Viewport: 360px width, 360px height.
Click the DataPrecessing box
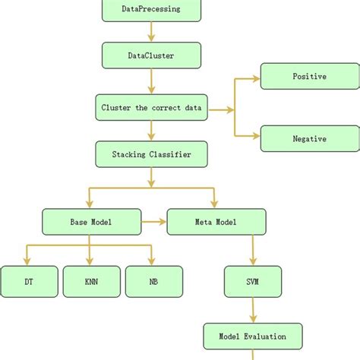tap(151, 10)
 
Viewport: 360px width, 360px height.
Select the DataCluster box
tap(151, 55)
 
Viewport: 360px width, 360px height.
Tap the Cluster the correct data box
tap(151, 108)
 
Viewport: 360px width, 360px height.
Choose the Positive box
tap(309, 77)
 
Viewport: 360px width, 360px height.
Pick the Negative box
tap(309, 139)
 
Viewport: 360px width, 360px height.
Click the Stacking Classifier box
tap(151, 154)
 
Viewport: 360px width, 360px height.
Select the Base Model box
tap(90, 222)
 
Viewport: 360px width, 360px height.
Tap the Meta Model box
tap(216, 222)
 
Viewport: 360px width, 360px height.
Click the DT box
tap(28, 281)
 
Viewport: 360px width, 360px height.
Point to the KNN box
tap(90, 281)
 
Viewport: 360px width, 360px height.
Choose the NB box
tap(153, 281)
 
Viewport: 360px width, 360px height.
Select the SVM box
tap(253, 281)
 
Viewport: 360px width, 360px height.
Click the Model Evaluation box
tap(253, 336)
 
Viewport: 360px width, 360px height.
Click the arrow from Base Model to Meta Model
tap(153, 222)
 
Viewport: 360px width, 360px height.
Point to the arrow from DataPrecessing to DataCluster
tap(151, 31)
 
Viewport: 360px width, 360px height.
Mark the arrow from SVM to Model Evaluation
tap(253, 309)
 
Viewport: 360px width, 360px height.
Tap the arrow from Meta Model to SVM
tap(253, 250)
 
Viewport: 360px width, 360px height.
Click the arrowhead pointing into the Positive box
tap(256, 77)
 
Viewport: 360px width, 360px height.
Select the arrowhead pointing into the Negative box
tap(256, 138)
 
